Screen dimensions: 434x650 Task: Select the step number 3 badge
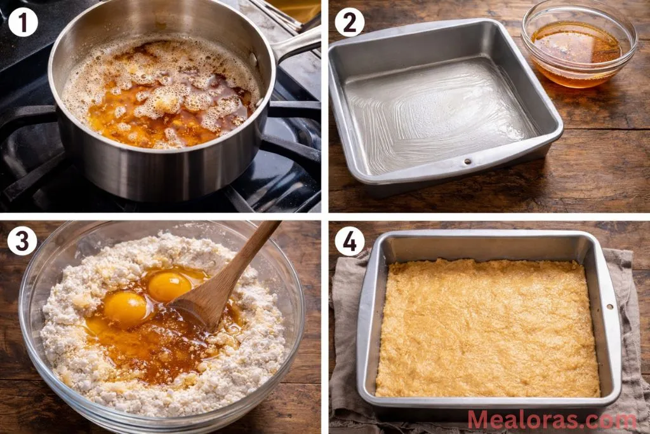(23, 241)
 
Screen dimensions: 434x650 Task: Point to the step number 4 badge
(349, 241)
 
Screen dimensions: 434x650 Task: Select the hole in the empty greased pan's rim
(470, 161)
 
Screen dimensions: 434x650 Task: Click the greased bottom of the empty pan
(438, 114)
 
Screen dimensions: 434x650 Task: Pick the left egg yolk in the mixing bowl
(126, 308)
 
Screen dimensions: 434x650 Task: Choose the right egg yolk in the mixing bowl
(169, 286)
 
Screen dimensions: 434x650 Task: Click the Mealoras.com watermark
(551, 419)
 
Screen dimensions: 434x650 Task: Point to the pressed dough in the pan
(486, 327)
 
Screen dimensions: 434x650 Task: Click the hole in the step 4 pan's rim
(609, 306)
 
